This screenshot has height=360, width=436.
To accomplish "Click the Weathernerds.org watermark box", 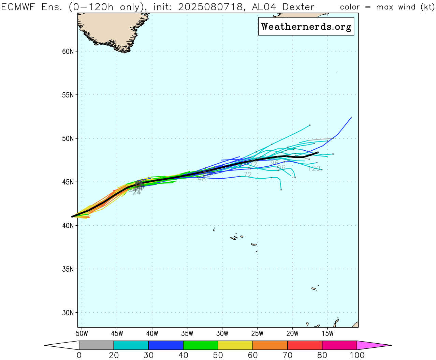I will (x=306, y=27).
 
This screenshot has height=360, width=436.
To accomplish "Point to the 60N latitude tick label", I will (x=68, y=51).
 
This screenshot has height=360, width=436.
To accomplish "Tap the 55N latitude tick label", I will (x=68, y=95).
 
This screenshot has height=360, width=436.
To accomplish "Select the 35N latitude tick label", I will (x=68, y=269).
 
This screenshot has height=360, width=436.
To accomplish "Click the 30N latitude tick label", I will (x=68, y=313).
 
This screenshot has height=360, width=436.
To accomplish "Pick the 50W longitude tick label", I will (x=82, y=333).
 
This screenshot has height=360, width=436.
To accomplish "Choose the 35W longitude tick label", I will (x=187, y=333).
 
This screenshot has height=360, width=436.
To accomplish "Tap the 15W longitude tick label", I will (x=328, y=333).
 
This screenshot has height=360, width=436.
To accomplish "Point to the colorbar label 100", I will (x=357, y=355).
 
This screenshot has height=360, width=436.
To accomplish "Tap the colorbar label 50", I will (x=218, y=355).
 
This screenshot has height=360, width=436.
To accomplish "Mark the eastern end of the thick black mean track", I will (x=318, y=152).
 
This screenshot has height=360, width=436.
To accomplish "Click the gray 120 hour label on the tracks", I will (x=314, y=168).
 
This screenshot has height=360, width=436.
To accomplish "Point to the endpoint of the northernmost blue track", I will (x=351, y=117).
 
